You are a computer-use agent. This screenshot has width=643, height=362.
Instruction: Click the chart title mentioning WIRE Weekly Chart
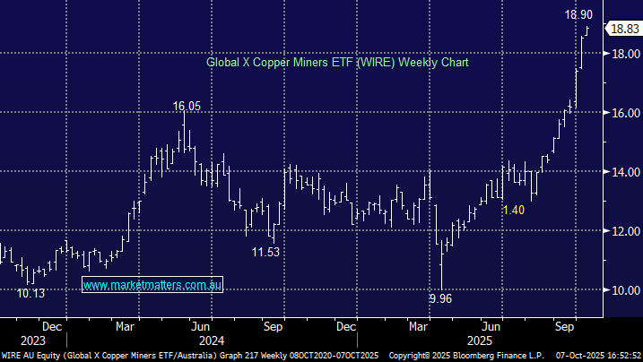pyautogui.click(x=337, y=63)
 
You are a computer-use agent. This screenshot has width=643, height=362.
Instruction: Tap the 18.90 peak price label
pyautogui.click(x=577, y=15)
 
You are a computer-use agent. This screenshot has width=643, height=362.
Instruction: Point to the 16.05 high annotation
pyautogui.click(x=187, y=106)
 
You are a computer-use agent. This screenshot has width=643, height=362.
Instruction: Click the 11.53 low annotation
pyautogui.click(x=265, y=253)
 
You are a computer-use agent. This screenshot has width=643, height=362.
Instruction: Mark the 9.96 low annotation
pyautogui.click(x=439, y=298)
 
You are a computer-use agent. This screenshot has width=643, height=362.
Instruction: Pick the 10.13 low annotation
pyautogui.click(x=31, y=292)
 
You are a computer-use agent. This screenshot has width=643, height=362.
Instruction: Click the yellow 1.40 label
pyautogui.click(x=513, y=209)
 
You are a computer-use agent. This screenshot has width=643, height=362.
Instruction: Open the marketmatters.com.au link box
pyautogui.click(x=152, y=284)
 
